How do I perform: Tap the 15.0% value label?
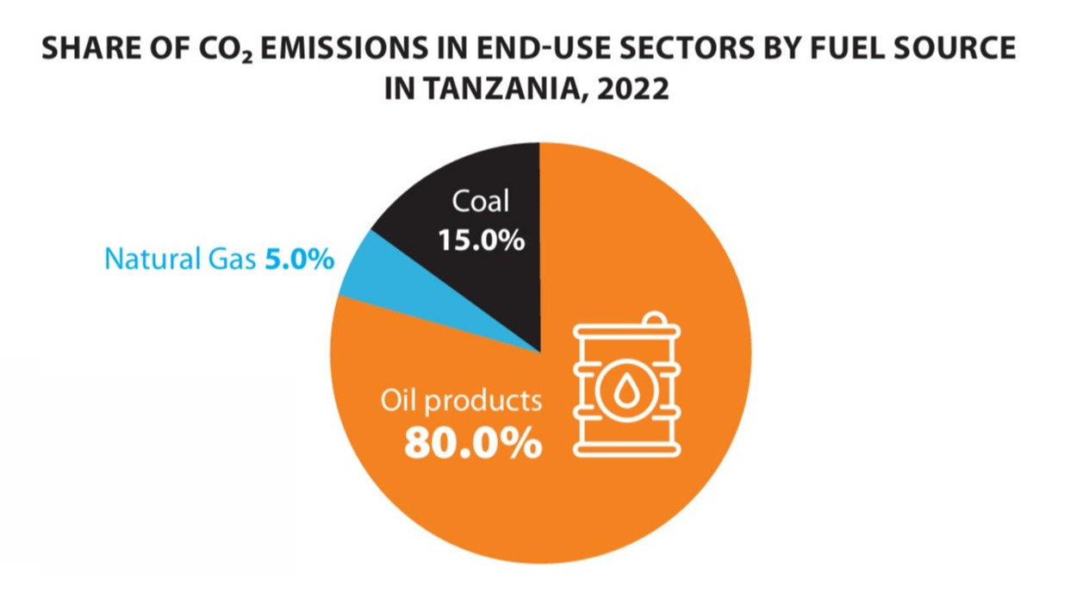[x=481, y=240]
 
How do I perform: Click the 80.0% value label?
[x=473, y=443]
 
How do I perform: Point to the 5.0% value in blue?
[x=299, y=259]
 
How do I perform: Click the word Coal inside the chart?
[x=481, y=202]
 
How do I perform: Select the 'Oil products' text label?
[x=462, y=401]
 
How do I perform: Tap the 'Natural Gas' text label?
[x=179, y=259]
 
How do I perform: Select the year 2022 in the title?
[x=634, y=88]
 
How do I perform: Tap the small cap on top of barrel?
[x=653, y=320]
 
